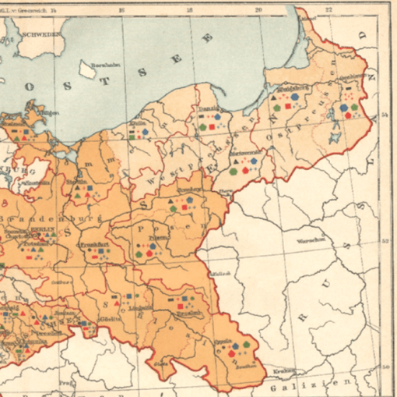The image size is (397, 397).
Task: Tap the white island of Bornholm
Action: pyautogui.click(x=87, y=70)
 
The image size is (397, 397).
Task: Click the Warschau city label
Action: pyautogui.click(x=308, y=240)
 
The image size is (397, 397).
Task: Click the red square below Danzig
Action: pyautogui.click(x=210, y=126)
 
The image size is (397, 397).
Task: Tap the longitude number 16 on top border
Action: pyautogui.click(x=122, y=10)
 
